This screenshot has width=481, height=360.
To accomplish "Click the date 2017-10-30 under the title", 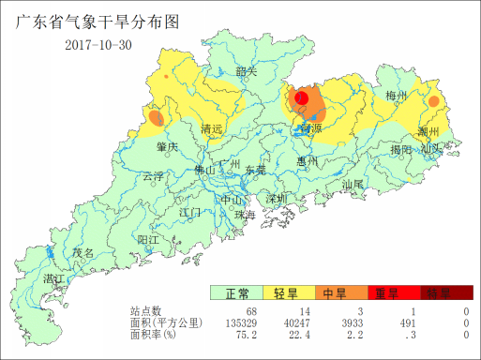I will (98, 45).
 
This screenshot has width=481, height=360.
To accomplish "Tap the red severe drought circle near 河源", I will (302, 97).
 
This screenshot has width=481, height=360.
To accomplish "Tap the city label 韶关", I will (247, 72).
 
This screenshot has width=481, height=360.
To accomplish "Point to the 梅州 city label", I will (397, 97).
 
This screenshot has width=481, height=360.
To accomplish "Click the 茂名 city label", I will (83, 253).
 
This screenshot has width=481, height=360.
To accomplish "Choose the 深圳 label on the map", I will (275, 200).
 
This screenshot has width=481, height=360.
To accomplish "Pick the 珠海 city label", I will (245, 215).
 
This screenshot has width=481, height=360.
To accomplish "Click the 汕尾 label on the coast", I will (353, 186).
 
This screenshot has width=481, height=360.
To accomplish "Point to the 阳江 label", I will (148, 240).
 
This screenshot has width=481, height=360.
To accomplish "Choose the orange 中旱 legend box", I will (335, 293).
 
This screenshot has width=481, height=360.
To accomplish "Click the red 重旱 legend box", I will (387, 293).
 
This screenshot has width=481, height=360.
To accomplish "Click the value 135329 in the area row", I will (238, 322).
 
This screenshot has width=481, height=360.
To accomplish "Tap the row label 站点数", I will (146, 311).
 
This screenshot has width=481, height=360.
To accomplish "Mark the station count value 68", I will (251, 311).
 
